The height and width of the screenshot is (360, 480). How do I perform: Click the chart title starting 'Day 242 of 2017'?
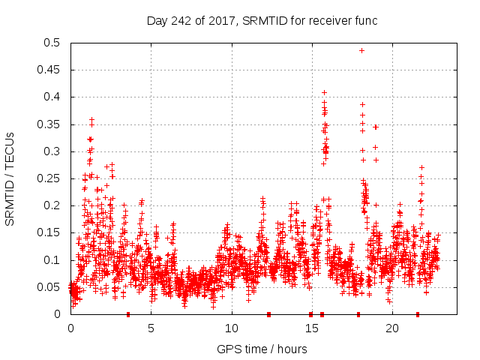261,20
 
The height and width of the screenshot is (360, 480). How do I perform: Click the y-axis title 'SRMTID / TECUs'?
10,178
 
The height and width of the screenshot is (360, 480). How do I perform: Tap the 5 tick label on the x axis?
151,328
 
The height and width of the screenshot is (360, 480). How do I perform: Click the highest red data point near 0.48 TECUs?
361,51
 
